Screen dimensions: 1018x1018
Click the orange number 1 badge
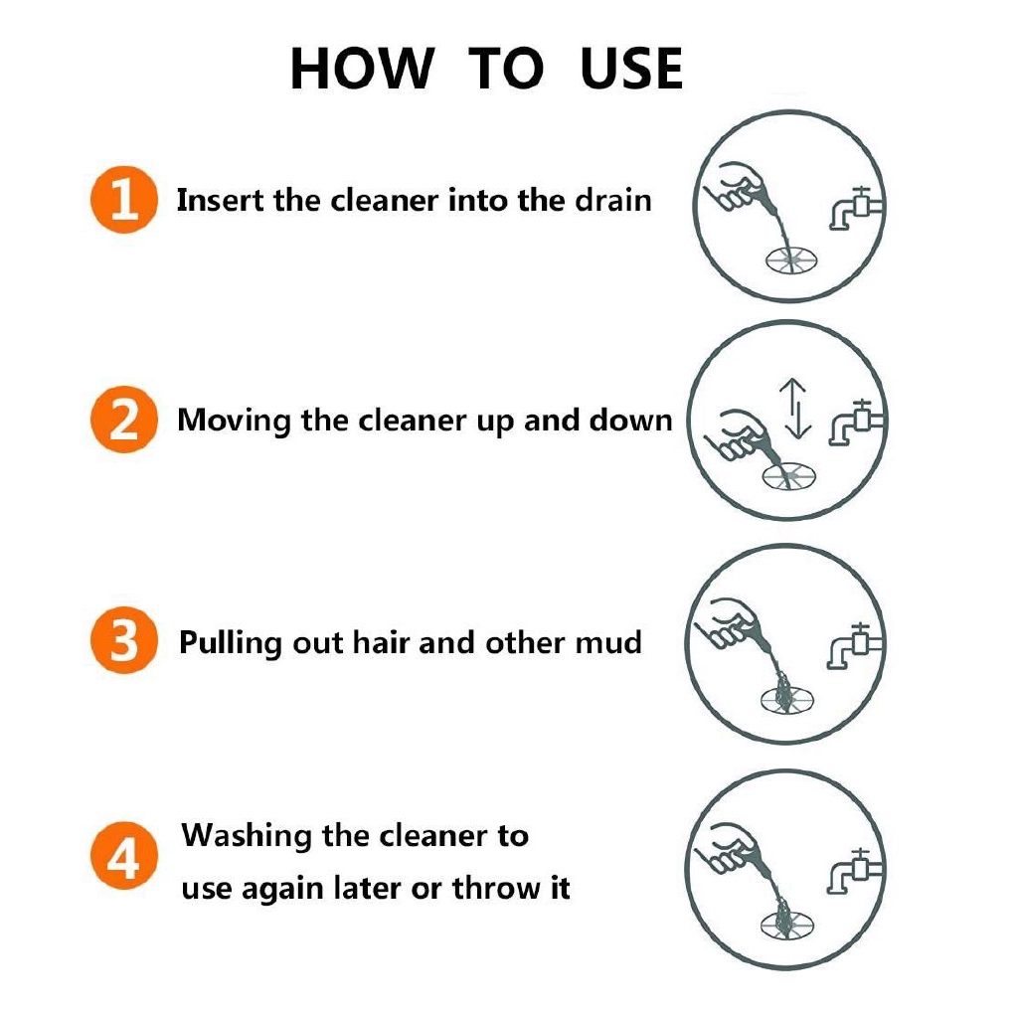coord(122,201)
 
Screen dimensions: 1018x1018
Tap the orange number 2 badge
coord(122,421)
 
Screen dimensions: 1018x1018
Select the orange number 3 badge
coord(122,641)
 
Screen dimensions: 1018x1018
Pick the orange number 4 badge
coord(122,859)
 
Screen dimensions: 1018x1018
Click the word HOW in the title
coord(362,70)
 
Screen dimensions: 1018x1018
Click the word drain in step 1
coord(613,201)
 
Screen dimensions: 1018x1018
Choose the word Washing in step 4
coord(246,835)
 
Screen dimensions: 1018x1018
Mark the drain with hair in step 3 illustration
coord(784,694)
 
